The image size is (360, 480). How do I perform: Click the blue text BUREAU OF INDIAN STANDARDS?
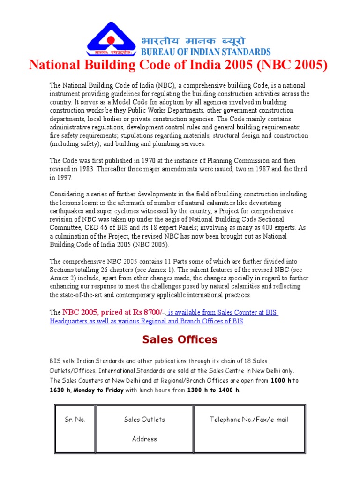[206, 52]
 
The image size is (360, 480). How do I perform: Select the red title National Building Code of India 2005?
[178, 65]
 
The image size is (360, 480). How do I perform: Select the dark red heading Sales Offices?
[180, 340]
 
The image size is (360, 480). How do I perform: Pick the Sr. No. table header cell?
[75, 420]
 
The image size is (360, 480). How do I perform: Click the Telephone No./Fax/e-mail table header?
[248, 420]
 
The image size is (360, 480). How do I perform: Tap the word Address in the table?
[144, 439]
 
